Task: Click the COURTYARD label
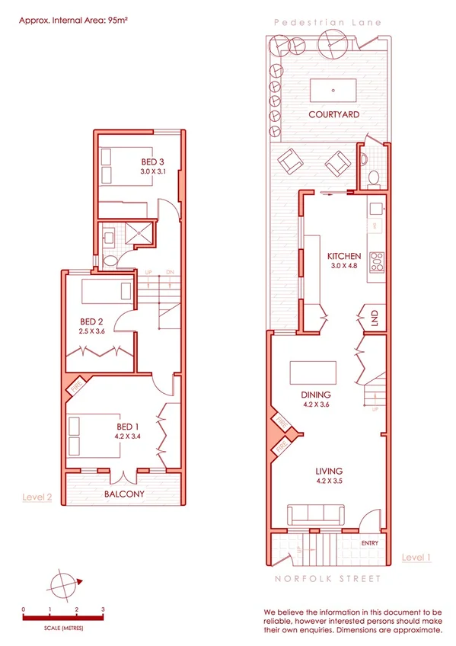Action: point(333,114)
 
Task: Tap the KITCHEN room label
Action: point(343,256)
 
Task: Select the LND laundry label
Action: point(375,318)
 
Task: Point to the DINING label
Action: point(315,395)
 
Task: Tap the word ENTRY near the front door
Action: point(370,543)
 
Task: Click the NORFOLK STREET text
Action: point(328,579)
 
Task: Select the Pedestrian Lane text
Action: point(328,23)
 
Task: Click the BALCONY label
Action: point(125,494)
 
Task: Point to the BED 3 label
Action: point(152,161)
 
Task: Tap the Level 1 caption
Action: point(416,558)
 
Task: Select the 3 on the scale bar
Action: point(103,609)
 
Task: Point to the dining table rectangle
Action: point(313,373)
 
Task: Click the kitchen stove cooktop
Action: point(376,261)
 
